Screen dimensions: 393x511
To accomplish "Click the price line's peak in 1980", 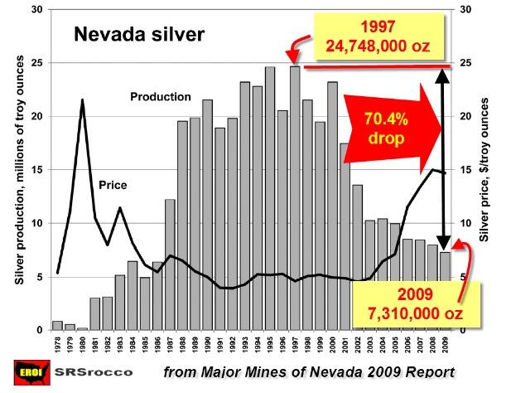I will click(82, 100).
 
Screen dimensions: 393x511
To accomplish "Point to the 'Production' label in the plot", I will click(161, 97).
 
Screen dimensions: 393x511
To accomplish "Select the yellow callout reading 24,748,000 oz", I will click(383, 36).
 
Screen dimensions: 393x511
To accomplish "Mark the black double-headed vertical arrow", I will click(444, 158).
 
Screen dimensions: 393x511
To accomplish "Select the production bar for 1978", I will click(57, 326).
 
